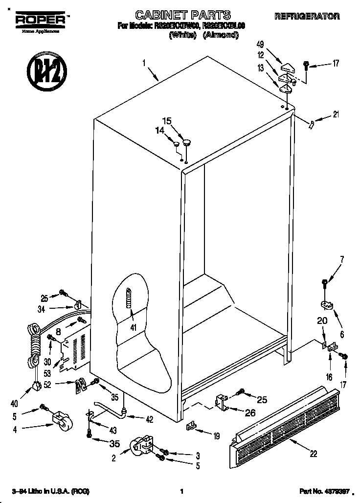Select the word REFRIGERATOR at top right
click(x=307, y=17)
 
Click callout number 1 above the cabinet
click(x=144, y=63)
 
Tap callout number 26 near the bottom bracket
click(x=249, y=412)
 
